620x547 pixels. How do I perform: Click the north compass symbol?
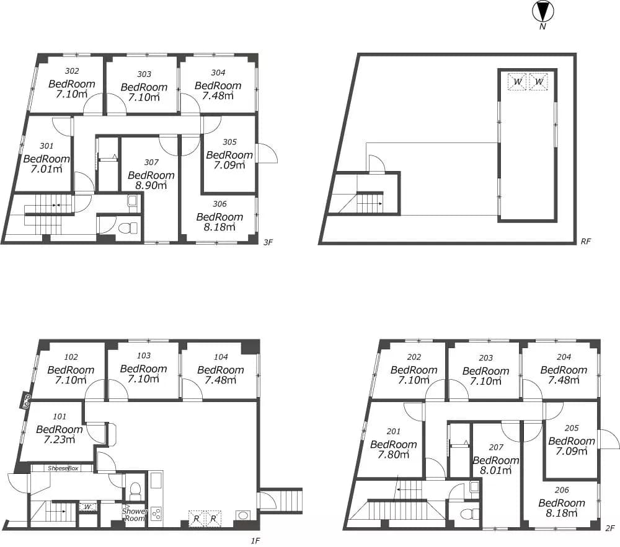(543, 12)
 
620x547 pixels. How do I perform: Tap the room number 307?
(151, 162)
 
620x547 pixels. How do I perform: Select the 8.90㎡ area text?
(151, 185)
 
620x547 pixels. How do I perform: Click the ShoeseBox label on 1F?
(63, 468)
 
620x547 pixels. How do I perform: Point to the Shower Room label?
(135, 515)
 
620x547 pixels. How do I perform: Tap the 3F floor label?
(268, 242)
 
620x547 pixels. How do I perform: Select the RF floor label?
(586, 242)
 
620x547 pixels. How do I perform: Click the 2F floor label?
(609, 528)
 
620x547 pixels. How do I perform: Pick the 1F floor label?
(255, 541)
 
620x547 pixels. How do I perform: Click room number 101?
(60, 417)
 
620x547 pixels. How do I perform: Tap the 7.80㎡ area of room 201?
(394, 455)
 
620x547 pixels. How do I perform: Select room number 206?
(562, 490)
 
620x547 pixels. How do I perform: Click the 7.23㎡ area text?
(60, 440)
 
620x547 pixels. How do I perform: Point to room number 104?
(221, 357)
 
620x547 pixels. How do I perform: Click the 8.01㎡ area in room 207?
(496, 470)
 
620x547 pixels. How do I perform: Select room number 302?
(71, 71)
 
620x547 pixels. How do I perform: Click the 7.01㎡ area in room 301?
(46, 169)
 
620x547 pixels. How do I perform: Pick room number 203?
(486, 358)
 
